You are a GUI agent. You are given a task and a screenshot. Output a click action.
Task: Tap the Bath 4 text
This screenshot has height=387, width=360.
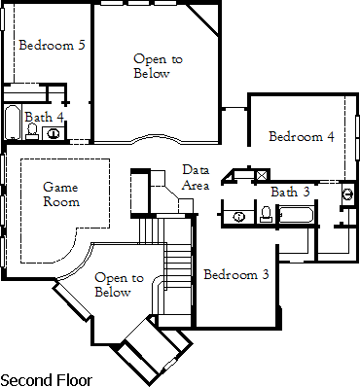[45, 117]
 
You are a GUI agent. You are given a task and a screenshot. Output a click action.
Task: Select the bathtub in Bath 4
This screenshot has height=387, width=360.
[12, 125]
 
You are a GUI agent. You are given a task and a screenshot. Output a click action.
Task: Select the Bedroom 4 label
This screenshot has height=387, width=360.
[302, 136]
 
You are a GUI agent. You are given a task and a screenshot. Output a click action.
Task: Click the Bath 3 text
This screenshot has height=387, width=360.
[290, 191]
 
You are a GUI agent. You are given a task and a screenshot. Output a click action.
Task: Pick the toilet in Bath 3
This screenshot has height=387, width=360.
[266, 214]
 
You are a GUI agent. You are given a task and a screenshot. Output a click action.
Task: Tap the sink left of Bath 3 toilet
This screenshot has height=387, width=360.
[239, 215]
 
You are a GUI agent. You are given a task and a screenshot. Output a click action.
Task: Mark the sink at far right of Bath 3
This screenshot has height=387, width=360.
[347, 193]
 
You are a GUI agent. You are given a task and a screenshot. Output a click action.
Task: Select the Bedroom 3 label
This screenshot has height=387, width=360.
[235, 274]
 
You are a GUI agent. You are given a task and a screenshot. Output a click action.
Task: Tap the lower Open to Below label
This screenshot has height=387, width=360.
[113, 285]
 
